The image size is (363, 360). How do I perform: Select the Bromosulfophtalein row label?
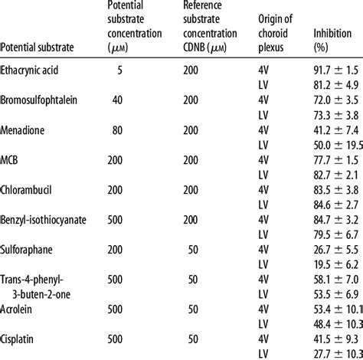(x=44, y=100)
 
